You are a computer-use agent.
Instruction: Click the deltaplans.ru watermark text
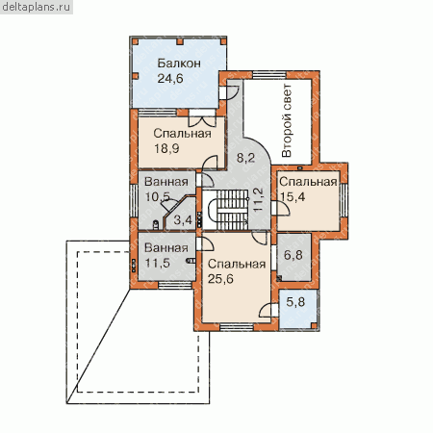[36, 7]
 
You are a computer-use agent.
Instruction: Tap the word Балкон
[179, 64]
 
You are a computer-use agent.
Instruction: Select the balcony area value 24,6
[170, 78]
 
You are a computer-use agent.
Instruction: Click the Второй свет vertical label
[287, 120]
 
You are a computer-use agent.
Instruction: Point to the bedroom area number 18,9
[166, 148]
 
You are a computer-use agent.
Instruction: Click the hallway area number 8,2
[245, 158]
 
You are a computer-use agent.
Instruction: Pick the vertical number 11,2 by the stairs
[258, 199]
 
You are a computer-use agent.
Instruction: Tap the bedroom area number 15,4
[293, 196]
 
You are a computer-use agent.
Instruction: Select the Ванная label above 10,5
[166, 182]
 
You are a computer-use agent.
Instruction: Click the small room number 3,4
[183, 220]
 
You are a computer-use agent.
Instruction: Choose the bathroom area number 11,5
[157, 263]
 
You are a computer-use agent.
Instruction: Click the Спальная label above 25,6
[237, 264]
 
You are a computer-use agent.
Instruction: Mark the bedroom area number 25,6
[220, 279]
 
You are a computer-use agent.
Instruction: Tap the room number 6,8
[293, 255]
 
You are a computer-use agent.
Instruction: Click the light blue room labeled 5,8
[298, 309]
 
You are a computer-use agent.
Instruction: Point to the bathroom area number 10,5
[157, 196]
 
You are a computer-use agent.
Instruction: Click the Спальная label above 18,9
[182, 134]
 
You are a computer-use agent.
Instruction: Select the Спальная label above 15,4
[308, 182]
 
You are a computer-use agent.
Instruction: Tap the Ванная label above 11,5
[166, 247]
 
